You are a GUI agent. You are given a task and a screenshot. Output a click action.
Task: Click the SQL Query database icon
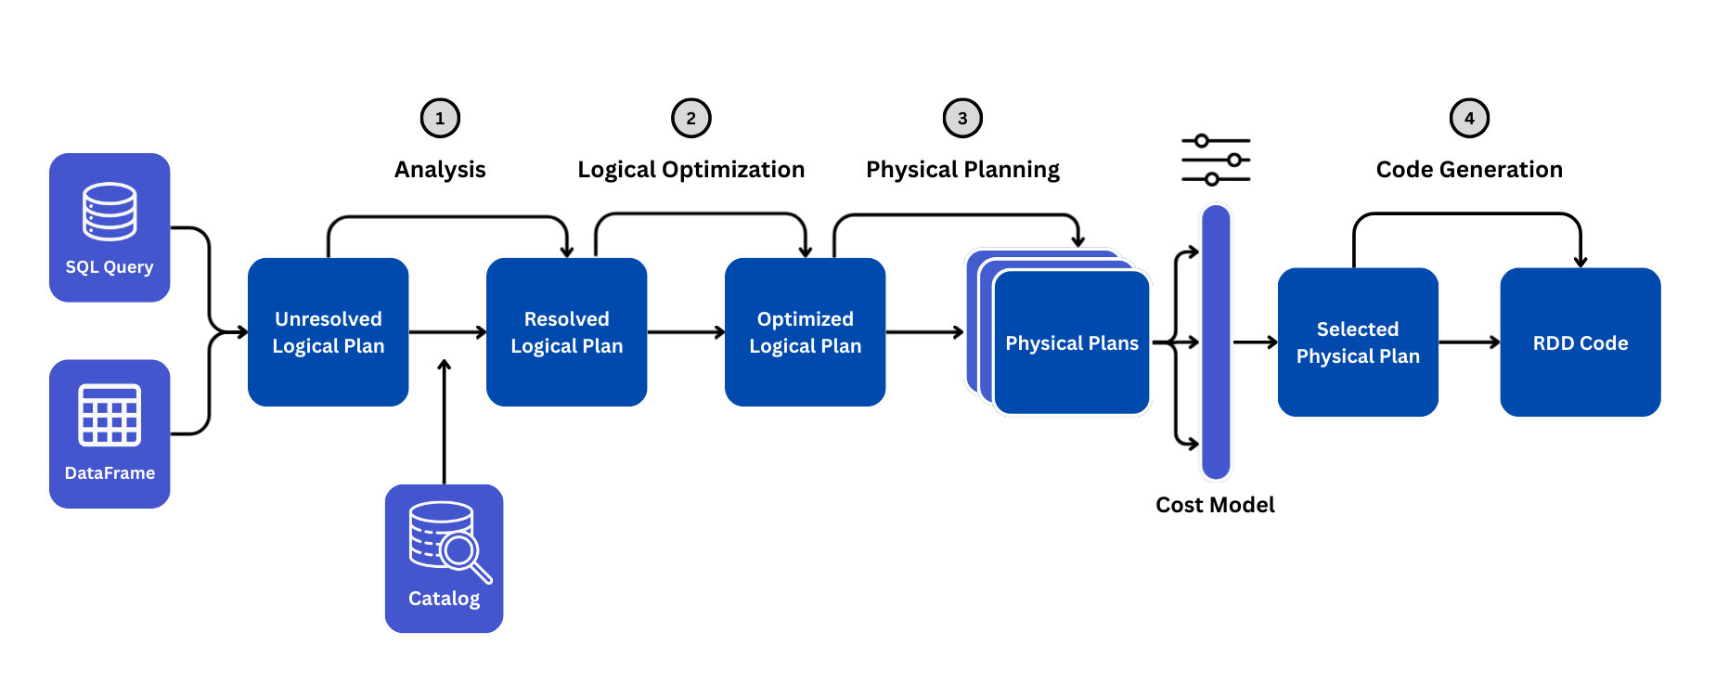pyautogui.click(x=110, y=211)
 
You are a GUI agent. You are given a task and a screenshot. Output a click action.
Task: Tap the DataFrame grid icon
pyautogui.click(x=110, y=415)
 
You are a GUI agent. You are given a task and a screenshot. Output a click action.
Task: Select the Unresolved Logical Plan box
pyautogui.click(x=328, y=332)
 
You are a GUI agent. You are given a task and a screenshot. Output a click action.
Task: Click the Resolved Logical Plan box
pyautogui.click(x=566, y=332)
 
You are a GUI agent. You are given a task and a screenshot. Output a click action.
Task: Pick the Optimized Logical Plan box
pyautogui.click(x=805, y=332)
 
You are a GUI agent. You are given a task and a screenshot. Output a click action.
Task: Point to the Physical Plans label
pyautogui.click(x=1072, y=343)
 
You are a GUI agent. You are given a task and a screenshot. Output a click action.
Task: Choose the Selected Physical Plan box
pyautogui.click(x=1358, y=342)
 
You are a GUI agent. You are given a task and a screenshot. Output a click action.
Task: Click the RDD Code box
pyautogui.click(x=1580, y=342)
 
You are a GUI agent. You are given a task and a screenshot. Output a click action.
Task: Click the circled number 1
pyautogui.click(x=440, y=118)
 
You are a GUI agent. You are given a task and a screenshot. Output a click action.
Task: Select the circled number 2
pyautogui.click(x=690, y=118)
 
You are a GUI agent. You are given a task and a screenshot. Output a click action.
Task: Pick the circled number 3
pyautogui.click(x=962, y=118)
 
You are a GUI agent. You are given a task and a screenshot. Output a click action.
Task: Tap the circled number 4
pyautogui.click(x=1469, y=118)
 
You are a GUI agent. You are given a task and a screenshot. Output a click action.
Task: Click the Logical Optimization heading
pyautogui.click(x=690, y=170)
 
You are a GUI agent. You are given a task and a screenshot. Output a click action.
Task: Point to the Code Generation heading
pyautogui.click(x=1469, y=170)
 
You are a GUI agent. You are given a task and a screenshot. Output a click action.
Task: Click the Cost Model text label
pyautogui.click(x=1215, y=505)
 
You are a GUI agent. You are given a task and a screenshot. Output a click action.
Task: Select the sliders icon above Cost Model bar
pyautogui.click(x=1216, y=160)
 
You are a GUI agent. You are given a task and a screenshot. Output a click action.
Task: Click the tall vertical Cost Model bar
pyautogui.click(x=1216, y=342)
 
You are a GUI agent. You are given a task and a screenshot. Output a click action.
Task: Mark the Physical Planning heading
pyautogui.click(x=962, y=170)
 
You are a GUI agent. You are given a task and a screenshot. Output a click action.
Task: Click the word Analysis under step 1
pyautogui.click(x=440, y=170)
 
